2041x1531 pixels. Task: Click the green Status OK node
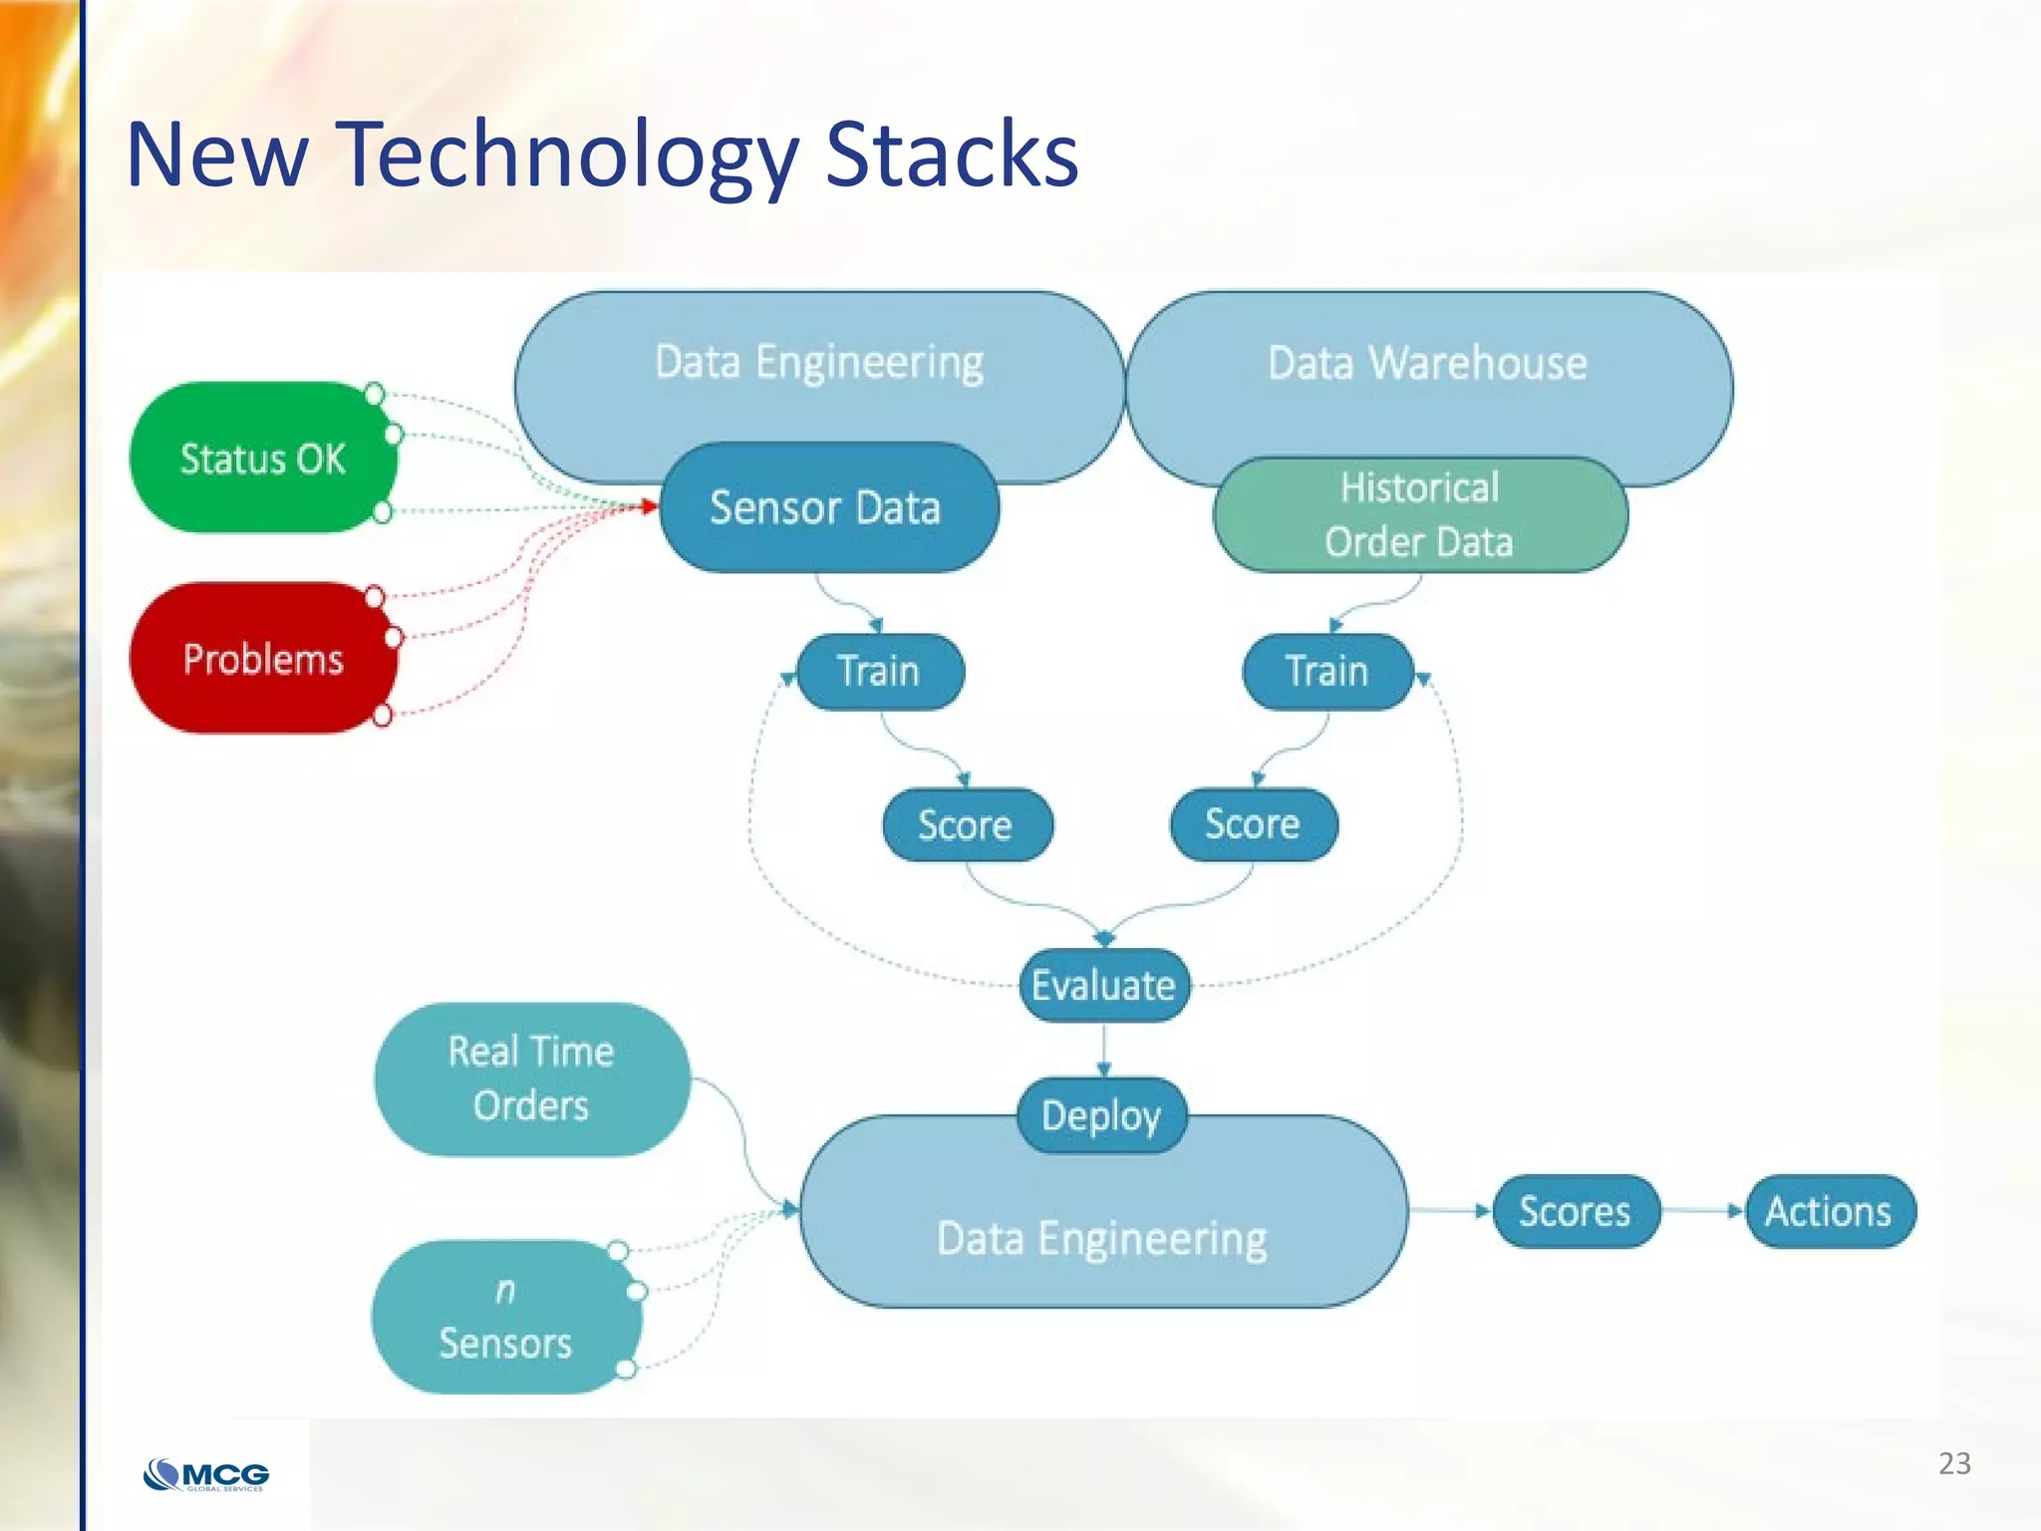[x=262, y=459]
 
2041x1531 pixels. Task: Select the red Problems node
[x=262, y=659]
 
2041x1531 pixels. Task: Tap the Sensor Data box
[x=826, y=507]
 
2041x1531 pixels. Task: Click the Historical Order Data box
[x=1419, y=515]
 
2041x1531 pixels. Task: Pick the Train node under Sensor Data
[x=879, y=671]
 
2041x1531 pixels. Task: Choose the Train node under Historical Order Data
[x=1326, y=671]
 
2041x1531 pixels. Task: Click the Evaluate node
[x=1103, y=985]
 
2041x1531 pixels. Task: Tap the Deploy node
[x=1101, y=1115]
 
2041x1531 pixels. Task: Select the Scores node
[x=1575, y=1211]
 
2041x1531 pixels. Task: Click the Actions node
[x=1829, y=1211]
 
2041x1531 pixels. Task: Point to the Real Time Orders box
[x=531, y=1078]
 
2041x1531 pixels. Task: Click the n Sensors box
[x=505, y=1317]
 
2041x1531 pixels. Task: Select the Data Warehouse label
[x=1427, y=363]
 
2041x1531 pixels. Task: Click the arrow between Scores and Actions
[x=1702, y=1211]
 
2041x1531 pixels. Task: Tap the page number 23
[x=1954, y=1463]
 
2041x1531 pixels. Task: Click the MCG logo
[x=207, y=1474]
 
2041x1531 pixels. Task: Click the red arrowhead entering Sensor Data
[x=650, y=507]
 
